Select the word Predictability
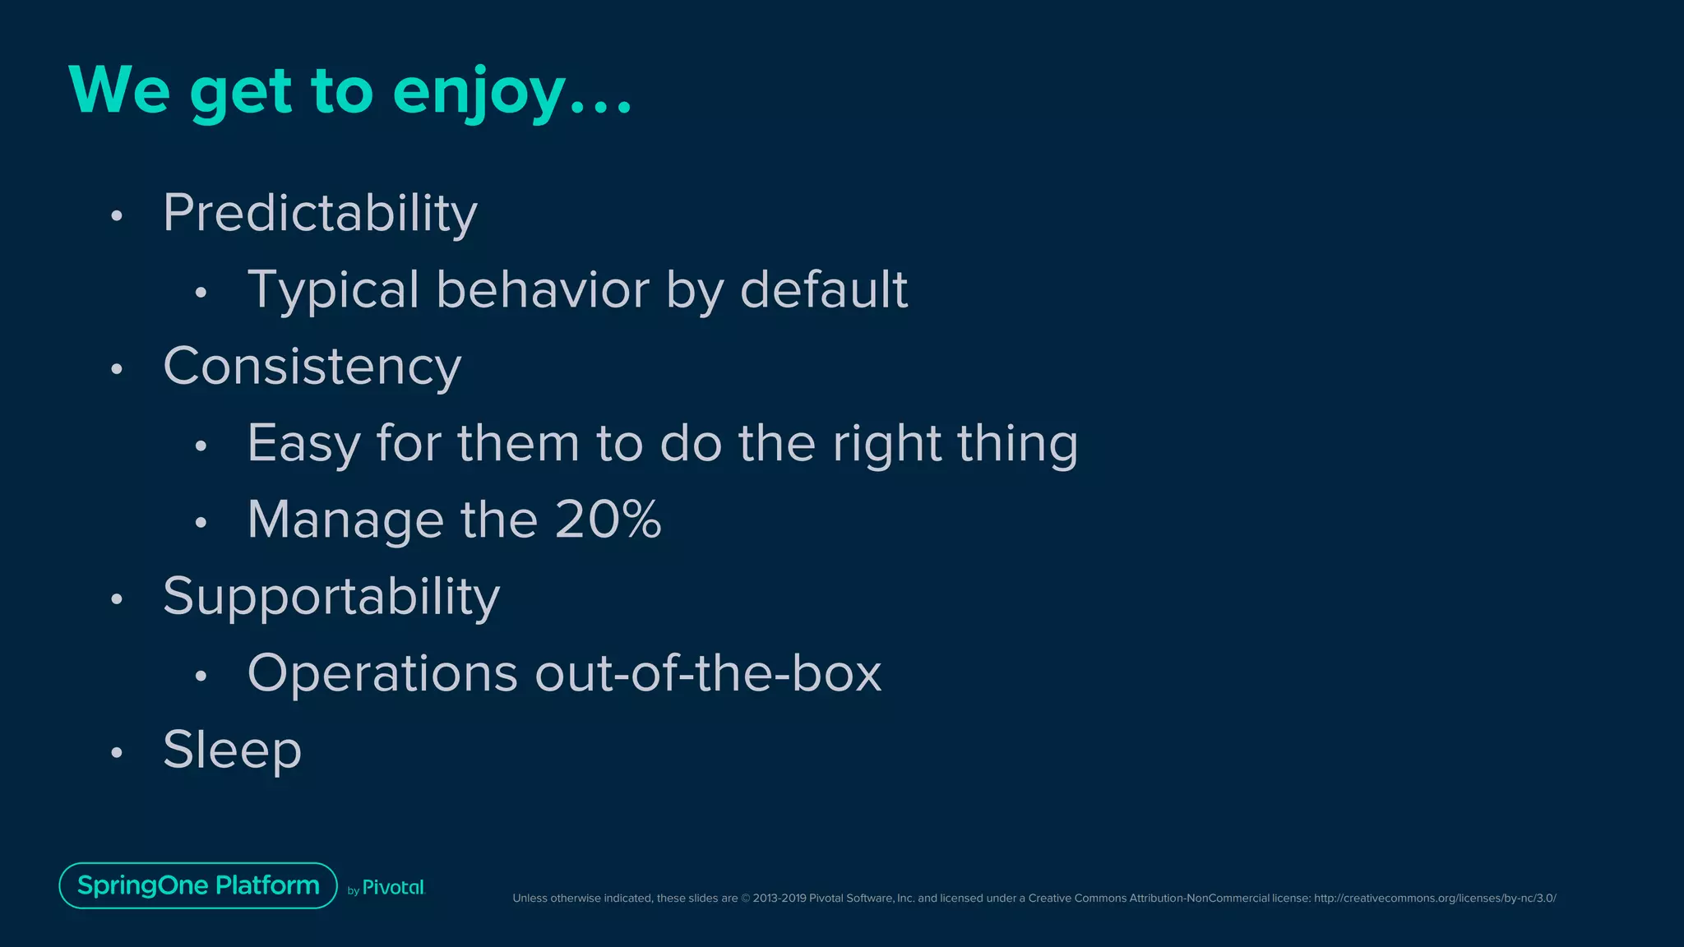point(320,214)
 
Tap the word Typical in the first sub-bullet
point(333,290)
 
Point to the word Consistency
point(312,367)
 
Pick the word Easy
point(303,444)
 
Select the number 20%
point(608,520)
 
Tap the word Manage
point(345,521)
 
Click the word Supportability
point(331,597)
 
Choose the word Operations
point(382,674)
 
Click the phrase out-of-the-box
point(708,674)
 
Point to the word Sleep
point(232,751)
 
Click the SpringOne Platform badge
point(198,885)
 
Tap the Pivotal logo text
point(393,888)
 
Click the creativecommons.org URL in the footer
point(1434,898)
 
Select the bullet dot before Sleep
point(117,752)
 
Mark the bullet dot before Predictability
point(117,216)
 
